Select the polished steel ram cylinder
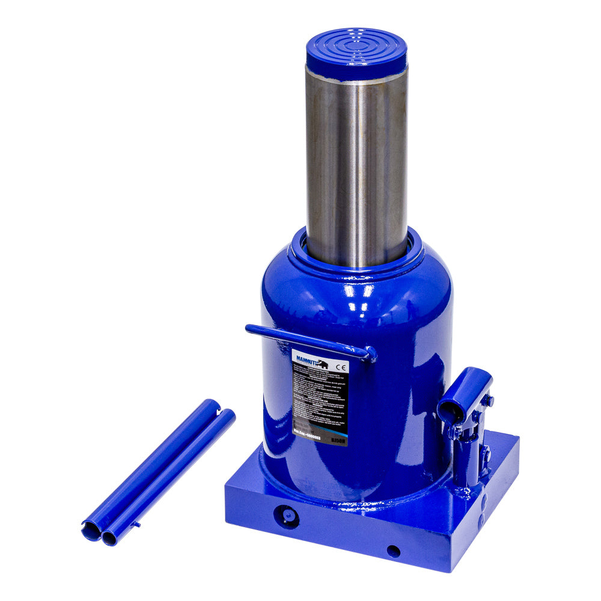pyautogui.click(x=356, y=168)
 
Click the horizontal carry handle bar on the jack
pyautogui.click(x=307, y=339)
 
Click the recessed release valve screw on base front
pyautogui.click(x=287, y=516)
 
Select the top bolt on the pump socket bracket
pyautogui.click(x=489, y=400)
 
